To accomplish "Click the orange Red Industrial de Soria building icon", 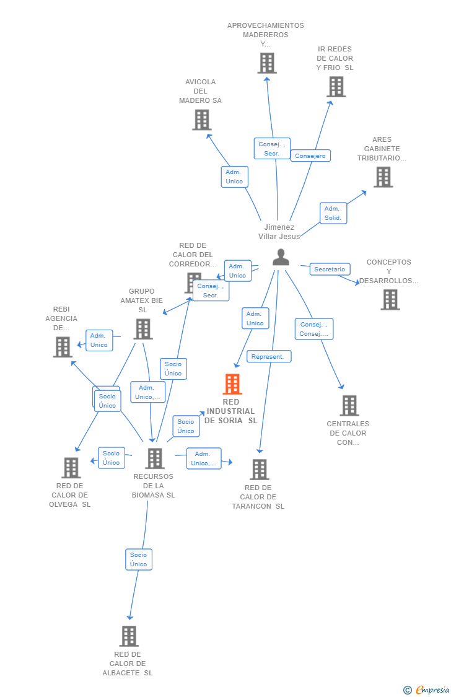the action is click(x=232, y=384).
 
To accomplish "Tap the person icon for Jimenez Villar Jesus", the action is click(x=281, y=257).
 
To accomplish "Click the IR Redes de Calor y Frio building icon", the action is click(x=336, y=87).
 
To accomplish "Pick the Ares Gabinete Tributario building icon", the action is click(x=383, y=177).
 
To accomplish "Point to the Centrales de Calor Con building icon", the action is click(x=349, y=405).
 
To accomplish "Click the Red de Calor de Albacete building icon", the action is click(x=129, y=636).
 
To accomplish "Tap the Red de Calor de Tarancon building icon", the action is click(x=260, y=470).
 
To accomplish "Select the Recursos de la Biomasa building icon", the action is click(x=155, y=458).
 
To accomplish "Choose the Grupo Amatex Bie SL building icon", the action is click(x=143, y=329).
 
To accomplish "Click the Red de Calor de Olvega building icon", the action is click(x=71, y=468).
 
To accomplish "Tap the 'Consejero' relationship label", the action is click(x=310, y=156).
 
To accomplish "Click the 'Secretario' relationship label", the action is click(x=330, y=270).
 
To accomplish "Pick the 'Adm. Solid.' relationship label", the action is click(x=333, y=213).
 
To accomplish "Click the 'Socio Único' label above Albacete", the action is click(x=139, y=559).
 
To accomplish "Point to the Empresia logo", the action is click(x=427, y=690).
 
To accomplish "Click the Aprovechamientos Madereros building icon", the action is click(x=267, y=63).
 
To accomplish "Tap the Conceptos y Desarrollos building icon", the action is click(x=390, y=300).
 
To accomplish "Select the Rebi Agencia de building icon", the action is click(x=63, y=347).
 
